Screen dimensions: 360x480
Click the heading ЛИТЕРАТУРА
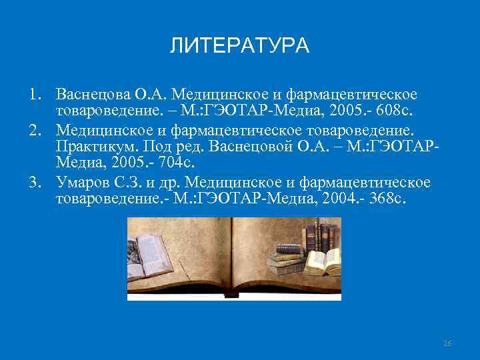click(239, 46)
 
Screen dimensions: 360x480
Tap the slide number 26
click(447, 343)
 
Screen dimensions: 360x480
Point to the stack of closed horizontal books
click(283, 257)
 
